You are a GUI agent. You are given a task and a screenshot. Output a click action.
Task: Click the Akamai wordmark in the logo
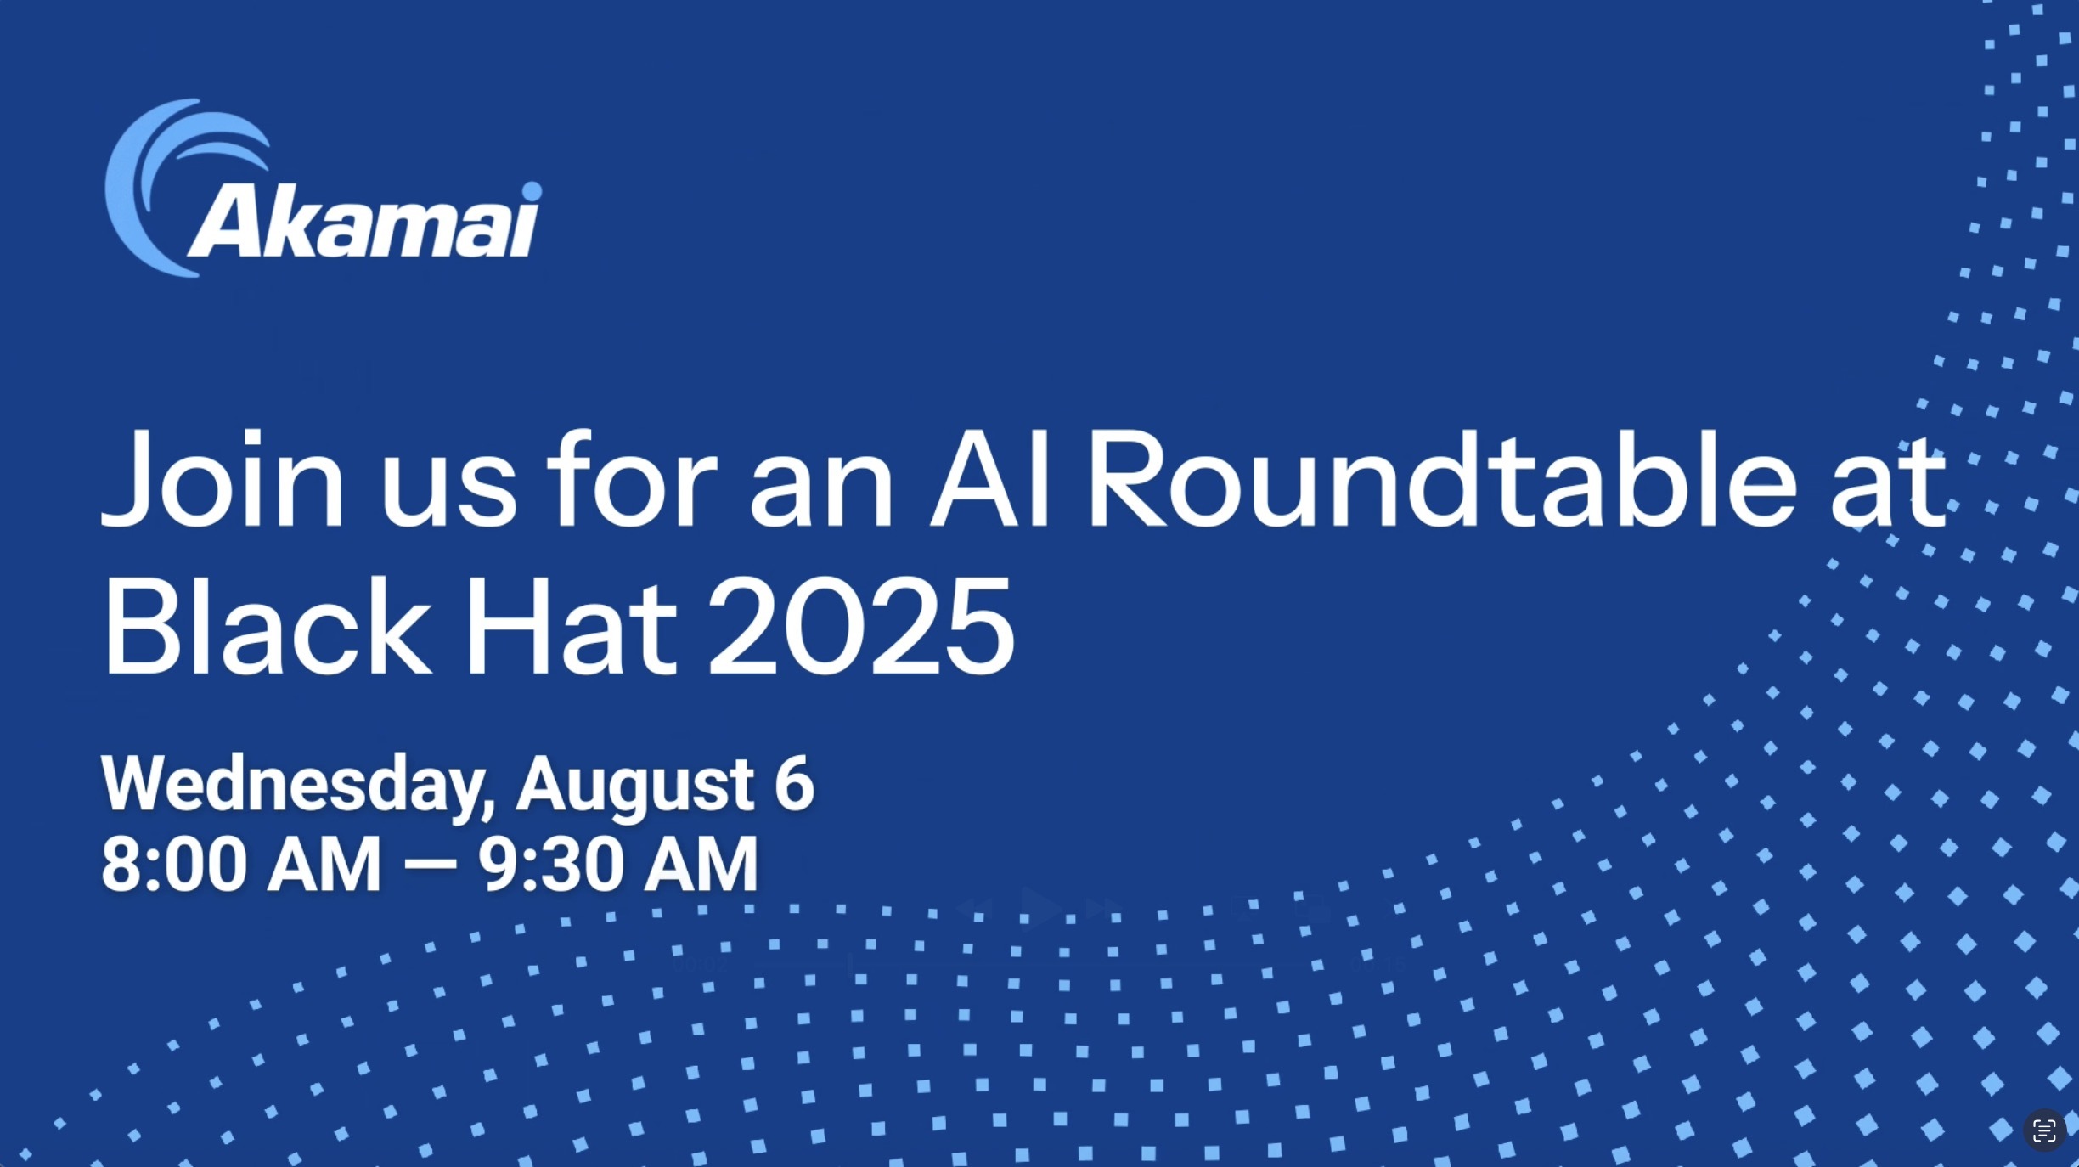363,221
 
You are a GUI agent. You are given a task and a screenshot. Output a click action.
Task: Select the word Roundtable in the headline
1442,479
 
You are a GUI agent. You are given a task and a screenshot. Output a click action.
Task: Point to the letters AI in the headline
990,479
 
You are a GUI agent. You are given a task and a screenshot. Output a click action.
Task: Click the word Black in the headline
268,625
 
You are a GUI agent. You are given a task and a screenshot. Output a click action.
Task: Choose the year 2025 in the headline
861,627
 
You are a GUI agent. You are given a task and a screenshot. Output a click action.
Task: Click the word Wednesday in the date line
297,785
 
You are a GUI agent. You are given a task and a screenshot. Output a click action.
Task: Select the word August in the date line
635,786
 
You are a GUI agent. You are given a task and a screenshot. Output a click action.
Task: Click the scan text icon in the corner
2044,1131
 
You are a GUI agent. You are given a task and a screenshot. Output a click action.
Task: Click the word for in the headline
633,479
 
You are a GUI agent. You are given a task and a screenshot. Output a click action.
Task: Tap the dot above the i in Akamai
532,191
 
